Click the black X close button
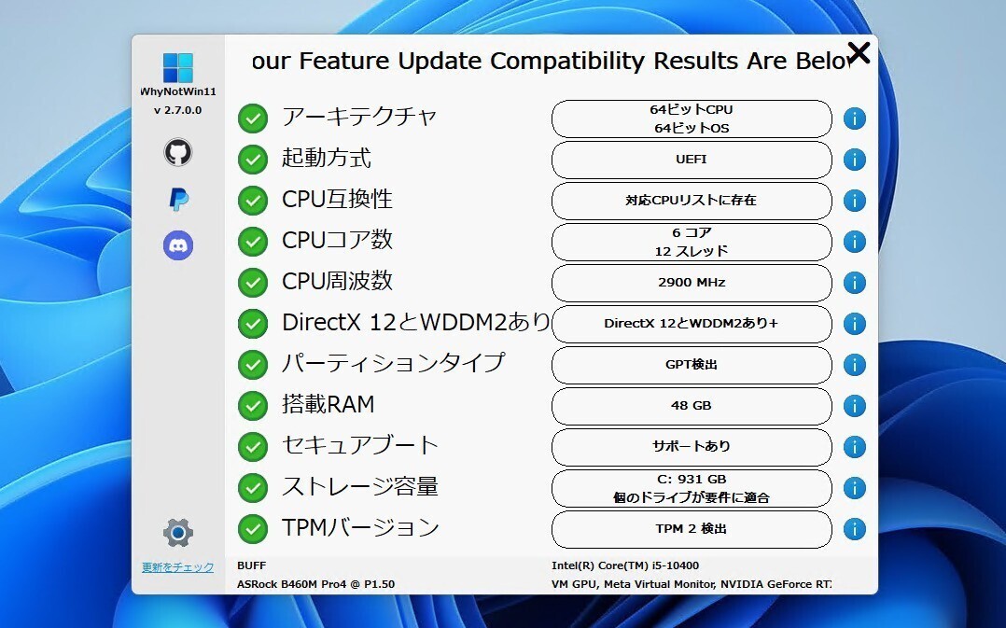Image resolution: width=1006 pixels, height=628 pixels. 859,52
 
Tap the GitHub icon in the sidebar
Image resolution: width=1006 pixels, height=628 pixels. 177,152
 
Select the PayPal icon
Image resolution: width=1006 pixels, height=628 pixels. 178,199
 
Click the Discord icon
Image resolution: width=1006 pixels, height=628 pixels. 177,245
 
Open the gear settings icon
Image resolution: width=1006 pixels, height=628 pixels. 177,533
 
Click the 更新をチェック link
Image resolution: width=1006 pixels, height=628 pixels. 177,567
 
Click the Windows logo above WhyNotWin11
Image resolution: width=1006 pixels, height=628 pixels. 177,67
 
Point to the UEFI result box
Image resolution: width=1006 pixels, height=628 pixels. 692,160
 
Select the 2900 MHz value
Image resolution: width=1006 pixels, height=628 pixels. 692,282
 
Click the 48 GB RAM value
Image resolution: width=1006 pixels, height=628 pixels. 692,405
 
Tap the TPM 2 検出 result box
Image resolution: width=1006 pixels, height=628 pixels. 692,529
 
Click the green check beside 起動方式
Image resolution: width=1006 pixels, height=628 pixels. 253,160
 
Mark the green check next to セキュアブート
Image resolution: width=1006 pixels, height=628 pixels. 253,447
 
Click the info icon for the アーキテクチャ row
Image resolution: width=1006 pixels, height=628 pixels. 855,119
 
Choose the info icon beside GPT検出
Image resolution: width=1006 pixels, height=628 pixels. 855,365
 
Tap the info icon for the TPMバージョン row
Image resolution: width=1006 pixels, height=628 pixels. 855,529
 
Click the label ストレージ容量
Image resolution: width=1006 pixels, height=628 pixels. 360,486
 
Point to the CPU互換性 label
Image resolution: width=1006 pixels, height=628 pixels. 337,199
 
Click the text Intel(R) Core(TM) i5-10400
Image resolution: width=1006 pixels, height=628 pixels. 625,565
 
